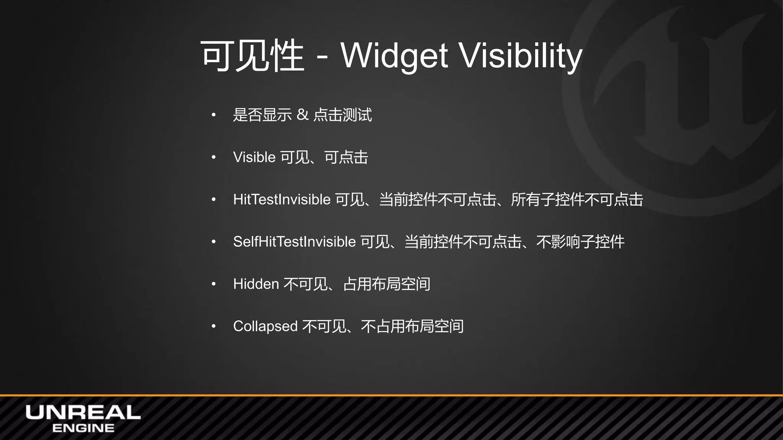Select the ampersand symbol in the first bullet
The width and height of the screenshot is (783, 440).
tap(302, 115)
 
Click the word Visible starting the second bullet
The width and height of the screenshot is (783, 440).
tap(254, 157)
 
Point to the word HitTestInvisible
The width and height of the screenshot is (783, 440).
tap(282, 199)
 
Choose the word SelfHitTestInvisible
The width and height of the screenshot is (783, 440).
tap(294, 241)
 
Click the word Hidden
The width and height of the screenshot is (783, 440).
tap(256, 284)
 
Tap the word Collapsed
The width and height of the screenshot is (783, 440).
tap(265, 326)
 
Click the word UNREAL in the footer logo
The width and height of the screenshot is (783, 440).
tap(83, 412)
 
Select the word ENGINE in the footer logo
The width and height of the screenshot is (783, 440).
tap(83, 428)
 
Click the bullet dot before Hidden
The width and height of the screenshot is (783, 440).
tap(214, 284)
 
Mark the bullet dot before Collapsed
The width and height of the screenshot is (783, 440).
tap(214, 326)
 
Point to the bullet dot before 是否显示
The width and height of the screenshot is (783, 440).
tap(214, 115)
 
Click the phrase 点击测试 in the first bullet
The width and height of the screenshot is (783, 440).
tap(342, 115)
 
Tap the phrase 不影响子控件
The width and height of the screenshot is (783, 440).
tap(580, 241)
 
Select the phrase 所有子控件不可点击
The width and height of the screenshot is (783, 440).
tap(577, 199)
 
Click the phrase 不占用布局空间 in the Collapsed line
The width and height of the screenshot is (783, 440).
tap(412, 326)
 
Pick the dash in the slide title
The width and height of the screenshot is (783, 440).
tap(322, 58)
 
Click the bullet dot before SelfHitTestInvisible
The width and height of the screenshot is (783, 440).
tap(214, 241)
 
